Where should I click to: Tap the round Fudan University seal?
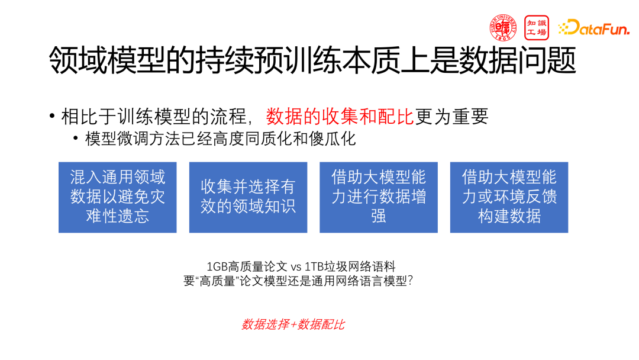point(503,27)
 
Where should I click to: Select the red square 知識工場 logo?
point(537,27)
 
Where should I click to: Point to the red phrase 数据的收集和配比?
point(340,117)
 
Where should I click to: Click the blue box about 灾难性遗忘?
point(118,197)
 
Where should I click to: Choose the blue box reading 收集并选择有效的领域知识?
point(248,197)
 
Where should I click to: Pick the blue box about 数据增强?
point(379,197)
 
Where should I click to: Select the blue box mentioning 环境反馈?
point(509,197)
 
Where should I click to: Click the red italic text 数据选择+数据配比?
point(293,324)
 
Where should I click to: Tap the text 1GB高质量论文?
point(247,267)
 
